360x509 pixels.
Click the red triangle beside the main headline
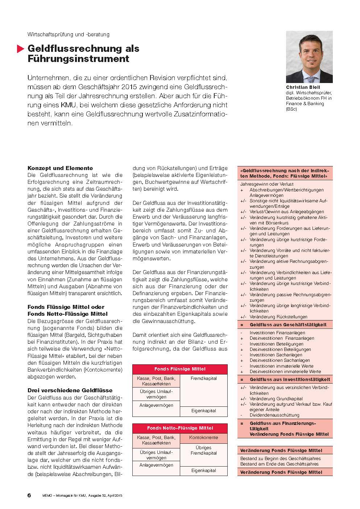point(20,49)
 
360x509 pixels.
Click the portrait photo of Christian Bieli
point(309,57)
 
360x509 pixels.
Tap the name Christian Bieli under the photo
point(303,87)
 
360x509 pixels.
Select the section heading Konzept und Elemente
point(60,168)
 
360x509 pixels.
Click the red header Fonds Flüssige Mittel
point(180,369)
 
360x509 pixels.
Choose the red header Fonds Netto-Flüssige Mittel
point(180,428)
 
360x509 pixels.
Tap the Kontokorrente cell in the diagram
point(203,438)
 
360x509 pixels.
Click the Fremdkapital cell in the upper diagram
point(203,378)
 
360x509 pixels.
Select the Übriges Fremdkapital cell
point(203,450)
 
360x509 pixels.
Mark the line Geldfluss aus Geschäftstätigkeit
point(288,325)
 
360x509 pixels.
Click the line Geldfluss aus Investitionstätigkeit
point(290,380)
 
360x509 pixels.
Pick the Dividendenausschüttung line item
point(274,415)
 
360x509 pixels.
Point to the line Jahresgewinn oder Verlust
point(266,184)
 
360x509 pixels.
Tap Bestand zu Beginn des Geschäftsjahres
point(280,459)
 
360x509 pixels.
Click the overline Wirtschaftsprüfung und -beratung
point(69,34)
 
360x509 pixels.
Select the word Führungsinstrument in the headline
point(78,58)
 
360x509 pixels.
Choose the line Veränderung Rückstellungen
point(278,317)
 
